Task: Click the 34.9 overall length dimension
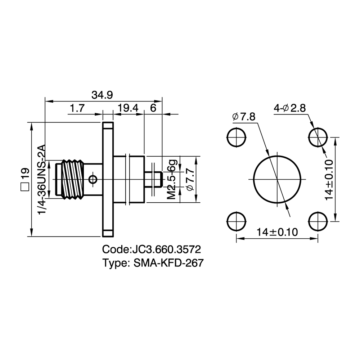102,95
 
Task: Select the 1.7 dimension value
77,108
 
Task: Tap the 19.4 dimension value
128,108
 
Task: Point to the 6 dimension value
153,108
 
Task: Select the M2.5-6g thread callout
172,179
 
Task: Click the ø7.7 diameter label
190,179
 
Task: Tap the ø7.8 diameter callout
244,117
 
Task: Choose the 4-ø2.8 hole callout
290,108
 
